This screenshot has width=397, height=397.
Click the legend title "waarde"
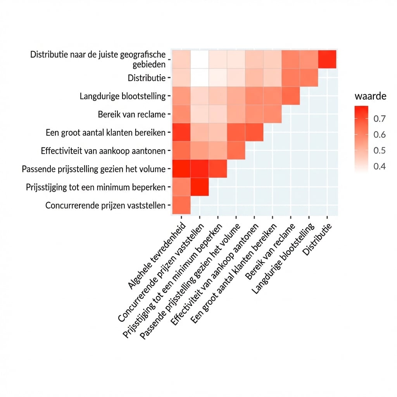click(x=370, y=96)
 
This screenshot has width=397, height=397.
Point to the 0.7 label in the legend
click(x=379, y=119)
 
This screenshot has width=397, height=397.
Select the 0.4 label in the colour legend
click(x=379, y=166)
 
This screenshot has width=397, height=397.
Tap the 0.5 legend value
click(x=379, y=150)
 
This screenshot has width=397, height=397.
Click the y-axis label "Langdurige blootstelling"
click(x=123, y=96)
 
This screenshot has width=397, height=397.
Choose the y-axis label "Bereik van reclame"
click(x=131, y=114)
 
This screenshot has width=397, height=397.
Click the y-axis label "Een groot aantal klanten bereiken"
click(x=105, y=133)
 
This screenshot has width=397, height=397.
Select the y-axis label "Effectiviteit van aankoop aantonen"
click(x=103, y=151)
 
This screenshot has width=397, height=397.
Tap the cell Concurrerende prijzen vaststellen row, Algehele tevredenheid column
click(x=181, y=205)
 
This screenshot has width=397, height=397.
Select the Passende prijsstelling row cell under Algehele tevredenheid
click(x=181, y=169)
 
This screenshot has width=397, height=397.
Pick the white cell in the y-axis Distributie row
click(x=199, y=78)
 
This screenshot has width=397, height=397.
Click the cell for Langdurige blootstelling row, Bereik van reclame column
click(x=290, y=96)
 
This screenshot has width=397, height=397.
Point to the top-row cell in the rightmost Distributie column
click(x=327, y=59)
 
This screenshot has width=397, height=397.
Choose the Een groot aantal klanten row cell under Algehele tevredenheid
click(x=181, y=132)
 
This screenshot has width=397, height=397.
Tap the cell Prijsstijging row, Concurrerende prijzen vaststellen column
click(x=199, y=187)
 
